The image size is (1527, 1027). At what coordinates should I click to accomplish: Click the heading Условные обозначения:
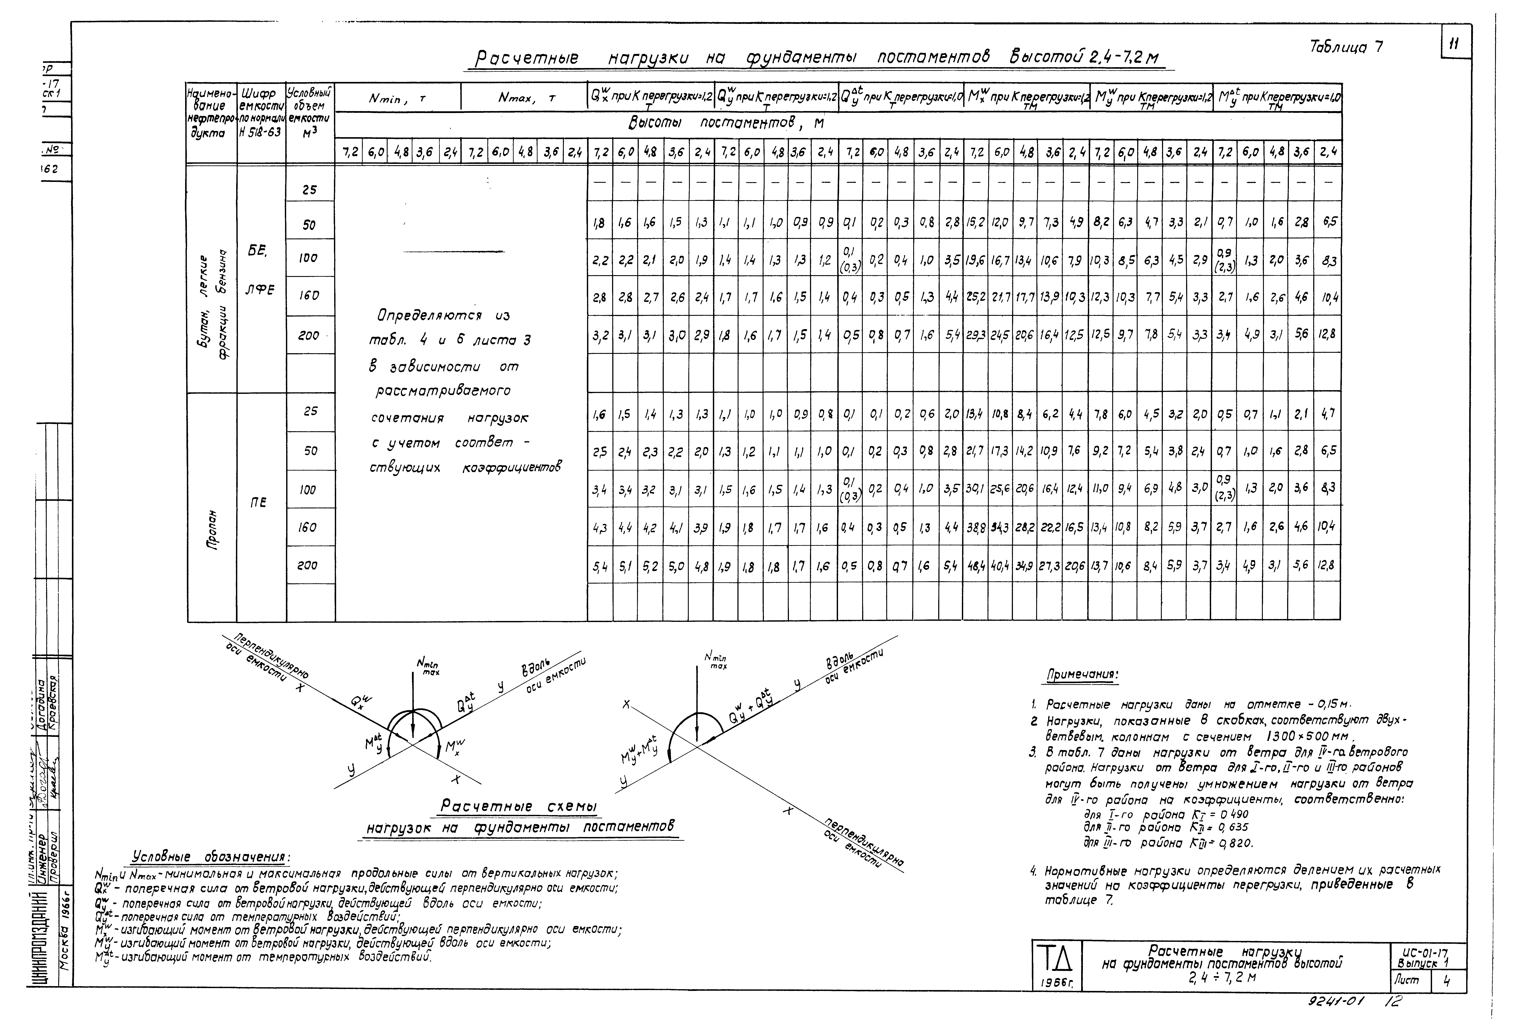click(211, 857)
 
